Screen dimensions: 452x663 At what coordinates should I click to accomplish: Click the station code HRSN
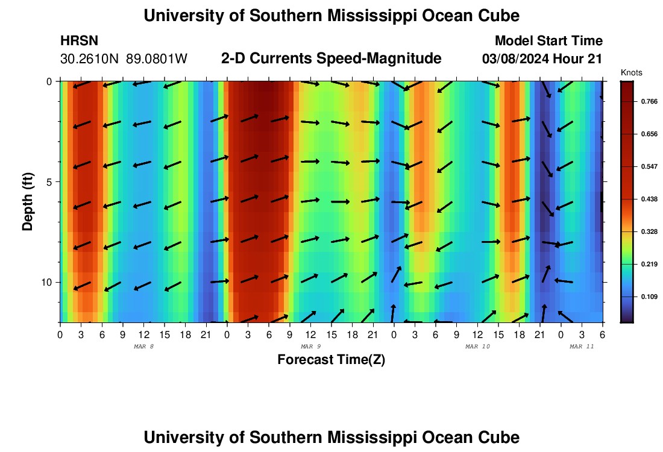79,41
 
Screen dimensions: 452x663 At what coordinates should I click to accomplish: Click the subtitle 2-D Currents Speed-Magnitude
331,58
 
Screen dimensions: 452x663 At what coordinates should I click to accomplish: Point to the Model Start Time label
548,41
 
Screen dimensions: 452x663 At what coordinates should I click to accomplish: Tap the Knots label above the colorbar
631,73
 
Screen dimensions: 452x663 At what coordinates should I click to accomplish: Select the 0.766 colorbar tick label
647,102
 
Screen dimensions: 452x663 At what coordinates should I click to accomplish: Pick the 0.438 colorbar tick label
647,199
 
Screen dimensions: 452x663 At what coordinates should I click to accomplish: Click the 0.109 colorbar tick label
647,297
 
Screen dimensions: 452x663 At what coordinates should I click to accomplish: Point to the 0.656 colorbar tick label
647,134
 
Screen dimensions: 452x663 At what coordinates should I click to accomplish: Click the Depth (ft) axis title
28,201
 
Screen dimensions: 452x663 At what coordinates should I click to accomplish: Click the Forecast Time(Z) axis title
331,360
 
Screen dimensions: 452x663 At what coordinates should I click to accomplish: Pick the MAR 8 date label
143,347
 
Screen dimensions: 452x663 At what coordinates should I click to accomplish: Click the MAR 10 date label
478,347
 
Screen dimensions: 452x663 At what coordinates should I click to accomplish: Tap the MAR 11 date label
582,347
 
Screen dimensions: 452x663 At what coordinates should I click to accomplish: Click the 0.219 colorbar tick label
647,264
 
